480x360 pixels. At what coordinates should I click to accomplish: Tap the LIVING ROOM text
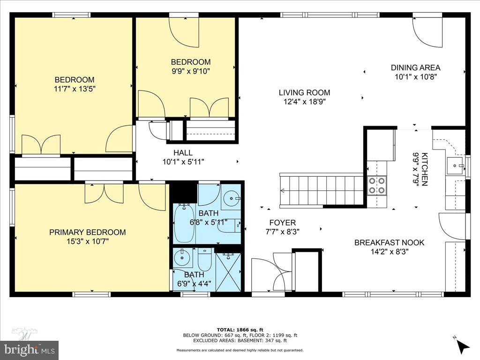click(304, 93)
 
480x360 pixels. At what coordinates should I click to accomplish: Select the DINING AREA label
click(415, 67)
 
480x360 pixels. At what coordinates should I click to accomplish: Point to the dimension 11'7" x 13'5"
click(74, 88)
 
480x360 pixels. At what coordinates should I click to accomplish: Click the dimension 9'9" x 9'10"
click(190, 71)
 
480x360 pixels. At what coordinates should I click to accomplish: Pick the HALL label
click(183, 153)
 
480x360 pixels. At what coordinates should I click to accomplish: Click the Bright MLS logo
click(29, 349)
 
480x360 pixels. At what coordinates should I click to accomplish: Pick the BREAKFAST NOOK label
click(389, 242)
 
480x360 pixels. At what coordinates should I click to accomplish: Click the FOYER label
click(282, 223)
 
